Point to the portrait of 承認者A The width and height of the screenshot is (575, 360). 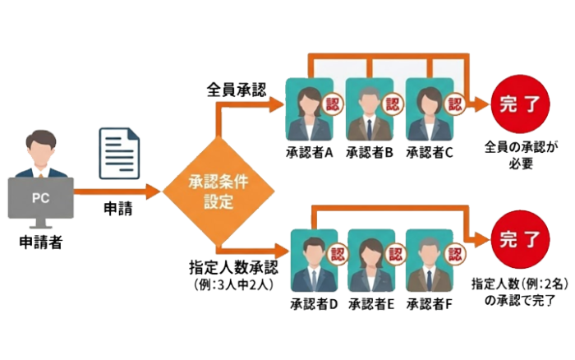click(309, 110)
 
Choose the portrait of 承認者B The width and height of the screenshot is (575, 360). click(370, 110)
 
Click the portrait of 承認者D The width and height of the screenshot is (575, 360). click(313, 261)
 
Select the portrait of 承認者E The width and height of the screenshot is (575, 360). click(373, 261)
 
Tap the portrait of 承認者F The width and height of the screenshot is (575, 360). click(433, 261)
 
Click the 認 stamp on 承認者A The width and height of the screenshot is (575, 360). click(332, 104)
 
